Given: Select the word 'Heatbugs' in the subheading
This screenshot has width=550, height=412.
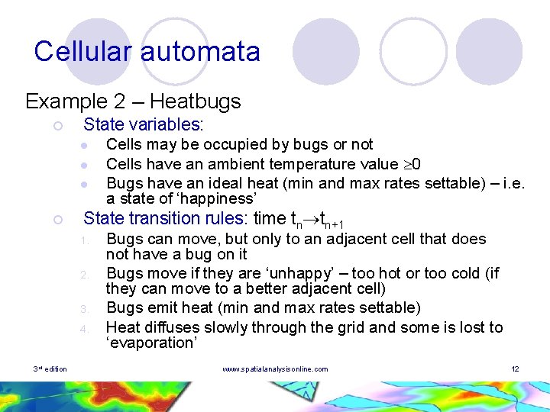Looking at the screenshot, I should tap(195, 101).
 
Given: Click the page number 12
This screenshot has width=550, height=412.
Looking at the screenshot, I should tap(515, 369).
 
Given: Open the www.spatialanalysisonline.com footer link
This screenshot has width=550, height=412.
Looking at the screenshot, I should tap(275, 369).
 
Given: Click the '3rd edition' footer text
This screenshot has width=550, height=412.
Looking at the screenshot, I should tap(50, 369).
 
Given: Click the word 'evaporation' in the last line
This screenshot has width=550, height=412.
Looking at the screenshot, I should tap(152, 343).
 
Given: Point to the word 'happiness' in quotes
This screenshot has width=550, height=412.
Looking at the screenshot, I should tap(216, 198).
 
